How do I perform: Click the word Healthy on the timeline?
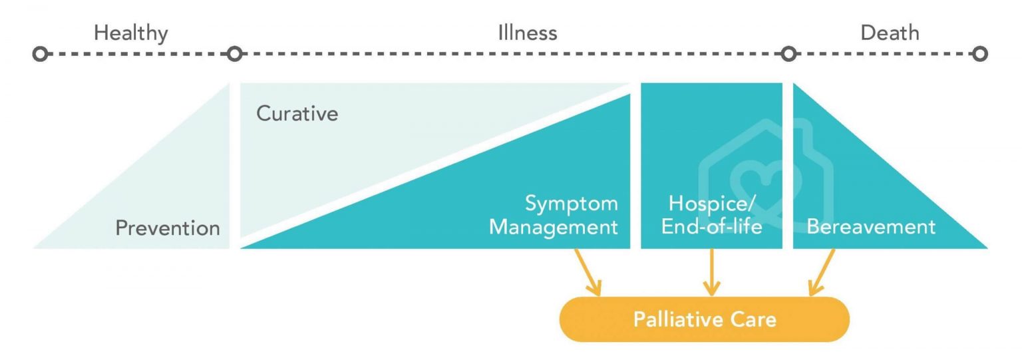[131, 33]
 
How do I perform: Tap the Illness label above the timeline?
[527, 33]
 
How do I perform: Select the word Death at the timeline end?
[890, 33]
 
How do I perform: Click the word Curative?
[297, 114]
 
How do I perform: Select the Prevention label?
[168, 228]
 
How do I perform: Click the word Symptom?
[572, 204]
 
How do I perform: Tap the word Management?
[554, 228]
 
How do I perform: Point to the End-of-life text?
[711, 228]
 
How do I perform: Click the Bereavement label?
[871, 227]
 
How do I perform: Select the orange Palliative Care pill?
[705, 319]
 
